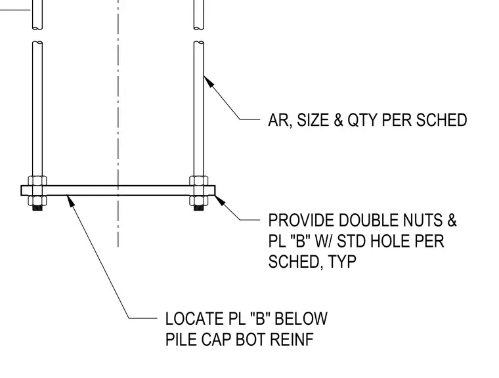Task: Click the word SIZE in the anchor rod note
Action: pos(313,120)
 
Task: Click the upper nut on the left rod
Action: pos(37,180)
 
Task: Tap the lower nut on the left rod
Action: pos(37,200)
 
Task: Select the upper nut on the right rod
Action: pos(199,180)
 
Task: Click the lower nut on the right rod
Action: pos(199,200)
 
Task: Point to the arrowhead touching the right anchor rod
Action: pos(208,81)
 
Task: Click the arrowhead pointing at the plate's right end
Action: pos(220,201)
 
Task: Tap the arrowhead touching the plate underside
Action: pos(71,200)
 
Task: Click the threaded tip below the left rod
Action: pos(37,208)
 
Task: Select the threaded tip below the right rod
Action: pos(199,208)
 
